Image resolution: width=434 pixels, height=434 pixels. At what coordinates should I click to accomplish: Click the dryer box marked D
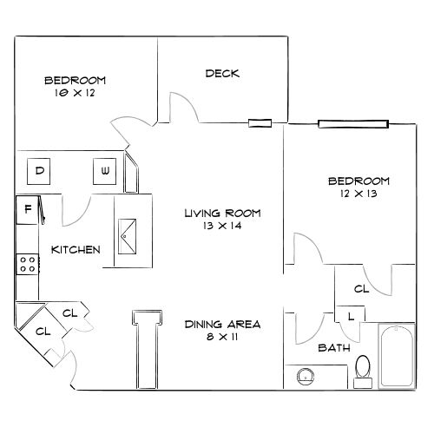coord(38,171)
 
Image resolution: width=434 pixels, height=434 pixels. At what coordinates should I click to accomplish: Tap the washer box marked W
coord(104,171)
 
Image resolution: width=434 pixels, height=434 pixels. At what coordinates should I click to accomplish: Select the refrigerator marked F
coord(27,210)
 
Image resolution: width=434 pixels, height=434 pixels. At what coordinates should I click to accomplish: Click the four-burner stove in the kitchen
coord(28,264)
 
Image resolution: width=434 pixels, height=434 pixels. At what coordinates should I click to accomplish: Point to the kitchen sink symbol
coord(127,237)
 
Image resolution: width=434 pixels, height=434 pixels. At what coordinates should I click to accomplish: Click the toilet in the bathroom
coord(363,372)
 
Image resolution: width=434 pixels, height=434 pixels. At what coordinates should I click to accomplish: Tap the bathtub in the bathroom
coord(397,356)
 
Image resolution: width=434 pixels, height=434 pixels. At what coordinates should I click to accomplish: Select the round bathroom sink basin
coord(306,377)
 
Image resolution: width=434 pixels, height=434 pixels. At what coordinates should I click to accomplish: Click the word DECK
coord(222,74)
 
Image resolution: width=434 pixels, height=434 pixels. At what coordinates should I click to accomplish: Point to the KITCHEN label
coord(76,250)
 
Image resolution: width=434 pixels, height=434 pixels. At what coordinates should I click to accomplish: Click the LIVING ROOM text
coord(222,214)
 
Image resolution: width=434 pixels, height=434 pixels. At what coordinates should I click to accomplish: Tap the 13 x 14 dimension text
coord(222,226)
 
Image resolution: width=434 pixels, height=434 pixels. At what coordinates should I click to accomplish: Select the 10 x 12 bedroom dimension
coord(75,93)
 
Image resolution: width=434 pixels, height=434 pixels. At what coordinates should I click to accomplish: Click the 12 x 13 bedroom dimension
coord(358,194)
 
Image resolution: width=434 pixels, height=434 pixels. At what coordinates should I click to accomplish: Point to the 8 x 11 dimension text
coord(222,337)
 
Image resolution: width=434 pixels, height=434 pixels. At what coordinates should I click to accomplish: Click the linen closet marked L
coord(350,314)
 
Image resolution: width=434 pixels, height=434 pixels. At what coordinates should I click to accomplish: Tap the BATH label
coord(334,348)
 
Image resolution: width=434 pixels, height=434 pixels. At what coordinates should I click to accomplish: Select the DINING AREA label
coord(222,325)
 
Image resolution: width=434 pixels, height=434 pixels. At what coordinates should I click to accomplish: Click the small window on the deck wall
coord(260,123)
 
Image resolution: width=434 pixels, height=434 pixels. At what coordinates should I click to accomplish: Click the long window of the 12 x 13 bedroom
coord(353,124)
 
